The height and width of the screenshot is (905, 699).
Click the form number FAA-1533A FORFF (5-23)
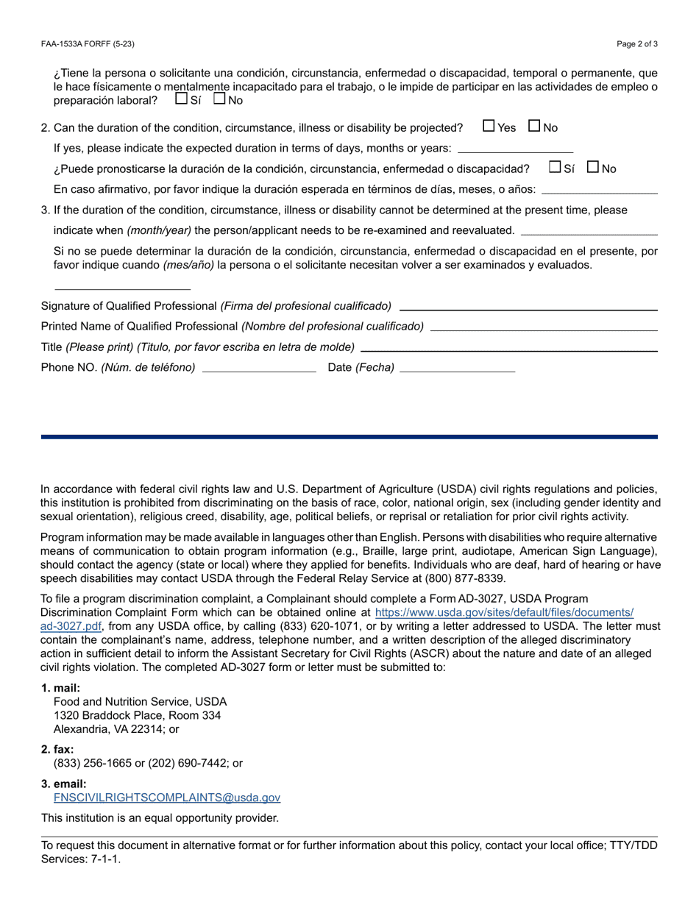88,44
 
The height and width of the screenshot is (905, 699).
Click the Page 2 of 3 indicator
637,44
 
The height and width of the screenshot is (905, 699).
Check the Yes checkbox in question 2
489,126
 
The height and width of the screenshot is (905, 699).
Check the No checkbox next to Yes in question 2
535,126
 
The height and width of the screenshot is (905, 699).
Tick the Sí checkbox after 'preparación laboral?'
182,99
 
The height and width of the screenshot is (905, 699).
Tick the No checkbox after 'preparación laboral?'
219,99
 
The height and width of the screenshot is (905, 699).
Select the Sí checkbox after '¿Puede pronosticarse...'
556,167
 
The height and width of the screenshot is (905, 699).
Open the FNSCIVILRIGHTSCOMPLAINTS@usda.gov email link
167,798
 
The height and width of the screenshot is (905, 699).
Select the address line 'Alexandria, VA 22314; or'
116,729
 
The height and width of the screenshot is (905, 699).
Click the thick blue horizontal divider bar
349,437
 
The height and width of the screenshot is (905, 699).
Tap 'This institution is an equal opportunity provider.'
160,818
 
